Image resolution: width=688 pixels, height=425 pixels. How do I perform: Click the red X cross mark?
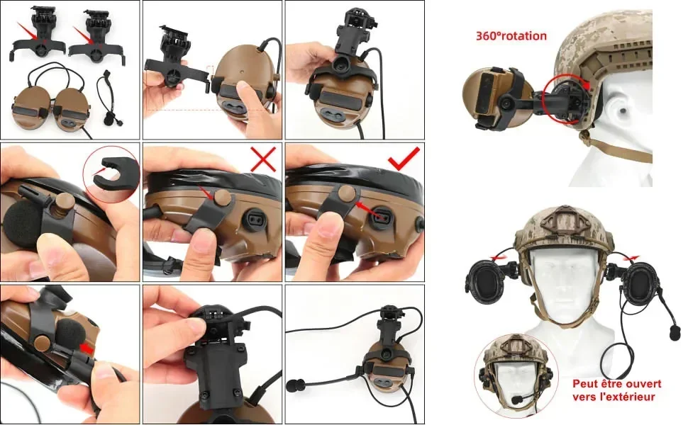[263, 159]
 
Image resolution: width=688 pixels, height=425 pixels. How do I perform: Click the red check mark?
[404, 158]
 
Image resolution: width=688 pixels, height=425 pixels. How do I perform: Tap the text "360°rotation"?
[511, 36]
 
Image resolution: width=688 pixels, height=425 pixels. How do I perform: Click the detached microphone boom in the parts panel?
[106, 98]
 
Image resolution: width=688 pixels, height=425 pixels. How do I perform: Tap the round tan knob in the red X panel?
[221, 196]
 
